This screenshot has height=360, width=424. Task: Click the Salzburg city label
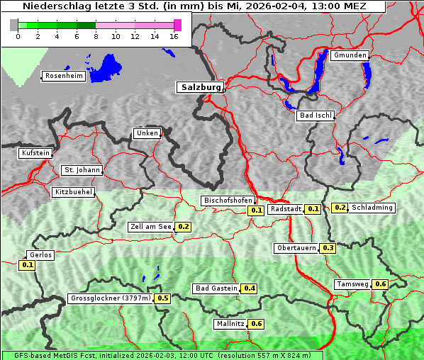[199, 87]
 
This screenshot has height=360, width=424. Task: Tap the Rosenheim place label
[63, 76]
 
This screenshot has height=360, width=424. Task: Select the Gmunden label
[349, 55]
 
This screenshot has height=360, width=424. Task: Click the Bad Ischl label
[315, 116]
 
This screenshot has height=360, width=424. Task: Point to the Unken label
[146, 133]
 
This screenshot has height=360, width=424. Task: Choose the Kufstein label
[35, 153]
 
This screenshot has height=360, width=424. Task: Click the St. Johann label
[81, 170]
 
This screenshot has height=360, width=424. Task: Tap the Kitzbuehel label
[73, 192]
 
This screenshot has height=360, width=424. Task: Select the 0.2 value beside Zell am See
[184, 227]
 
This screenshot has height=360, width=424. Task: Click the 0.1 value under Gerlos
[27, 265]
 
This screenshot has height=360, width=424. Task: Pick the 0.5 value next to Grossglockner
[163, 298]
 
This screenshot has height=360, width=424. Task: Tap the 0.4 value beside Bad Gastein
[250, 288]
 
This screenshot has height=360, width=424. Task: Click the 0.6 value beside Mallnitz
[257, 324]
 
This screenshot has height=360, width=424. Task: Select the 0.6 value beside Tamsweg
[381, 284]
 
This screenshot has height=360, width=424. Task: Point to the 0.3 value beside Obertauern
[328, 248]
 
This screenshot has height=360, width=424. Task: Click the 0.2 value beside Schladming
[340, 208]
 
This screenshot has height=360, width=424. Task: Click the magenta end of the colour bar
[177, 25]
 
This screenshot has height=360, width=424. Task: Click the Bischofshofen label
[228, 201]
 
